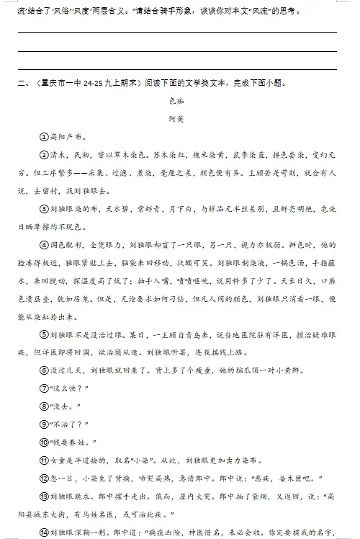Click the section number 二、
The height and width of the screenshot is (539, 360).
22,83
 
